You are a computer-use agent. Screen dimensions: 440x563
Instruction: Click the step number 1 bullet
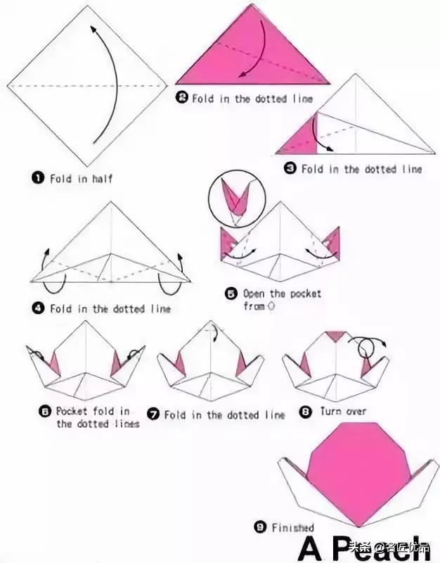coord(38,178)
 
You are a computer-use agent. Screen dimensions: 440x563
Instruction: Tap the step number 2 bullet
coord(182,97)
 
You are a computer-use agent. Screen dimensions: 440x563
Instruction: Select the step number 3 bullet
coord(290,167)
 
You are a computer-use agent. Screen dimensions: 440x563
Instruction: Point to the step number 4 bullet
coord(38,308)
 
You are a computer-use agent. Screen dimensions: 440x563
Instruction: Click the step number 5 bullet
coord(231,293)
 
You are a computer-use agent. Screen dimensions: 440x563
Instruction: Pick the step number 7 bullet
coord(153,415)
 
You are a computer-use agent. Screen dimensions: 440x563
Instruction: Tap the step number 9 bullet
coord(260,526)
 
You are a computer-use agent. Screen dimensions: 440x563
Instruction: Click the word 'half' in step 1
coord(103,179)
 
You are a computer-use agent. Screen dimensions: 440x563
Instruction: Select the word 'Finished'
coord(292,527)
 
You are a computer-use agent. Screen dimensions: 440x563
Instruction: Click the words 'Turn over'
coord(343,412)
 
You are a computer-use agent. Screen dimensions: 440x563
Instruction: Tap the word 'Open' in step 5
coord(254,293)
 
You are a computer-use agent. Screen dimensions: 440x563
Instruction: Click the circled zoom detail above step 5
coord(237,198)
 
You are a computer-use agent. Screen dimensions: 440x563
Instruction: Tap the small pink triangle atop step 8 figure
coord(336,336)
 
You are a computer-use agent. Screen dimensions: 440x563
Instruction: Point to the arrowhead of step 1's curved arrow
coord(93,30)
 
